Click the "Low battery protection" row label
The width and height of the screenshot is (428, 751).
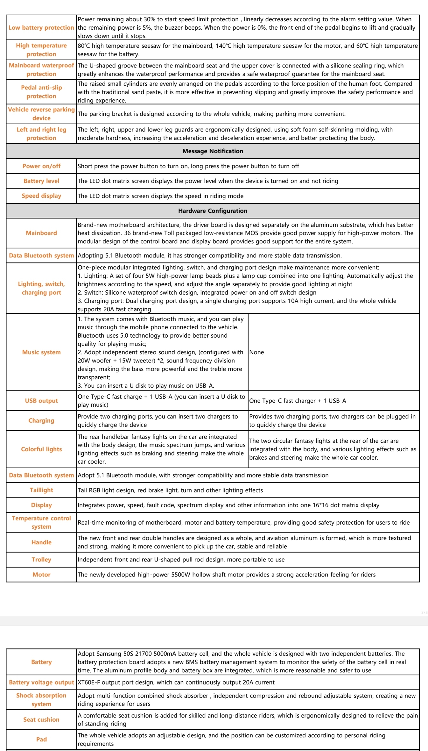coord(41,28)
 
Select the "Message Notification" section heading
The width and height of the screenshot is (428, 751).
coord(213,151)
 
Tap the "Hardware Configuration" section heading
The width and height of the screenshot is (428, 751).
coord(213,211)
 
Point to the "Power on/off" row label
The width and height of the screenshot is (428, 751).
coord(41,166)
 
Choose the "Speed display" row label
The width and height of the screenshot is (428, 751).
coord(41,196)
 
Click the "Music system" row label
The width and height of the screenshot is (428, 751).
coord(41,352)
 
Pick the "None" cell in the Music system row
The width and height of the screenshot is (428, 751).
coord(256,352)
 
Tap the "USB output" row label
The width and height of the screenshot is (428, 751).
coord(41,401)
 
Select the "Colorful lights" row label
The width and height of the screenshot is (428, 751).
coord(41,449)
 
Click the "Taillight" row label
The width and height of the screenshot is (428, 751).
coord(41,490)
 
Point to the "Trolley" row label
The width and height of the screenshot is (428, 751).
coord(41,560)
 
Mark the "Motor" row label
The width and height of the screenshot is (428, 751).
coord(41,575)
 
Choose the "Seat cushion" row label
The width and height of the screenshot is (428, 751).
coord(41,719)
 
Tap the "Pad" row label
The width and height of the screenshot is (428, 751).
coord(41,739)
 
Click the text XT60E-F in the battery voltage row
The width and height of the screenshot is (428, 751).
coord(89,682)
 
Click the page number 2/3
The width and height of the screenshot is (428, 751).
coord(424,612)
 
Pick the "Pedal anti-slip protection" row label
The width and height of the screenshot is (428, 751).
coord(41,92)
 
